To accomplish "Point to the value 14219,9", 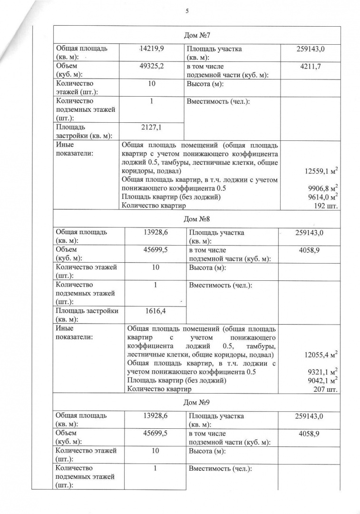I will click(x=151, y=49).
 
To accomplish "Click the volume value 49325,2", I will click(x=152, y=66).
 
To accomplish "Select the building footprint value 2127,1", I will click(x=152, y=128).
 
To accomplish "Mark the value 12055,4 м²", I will click(x=321, y=355).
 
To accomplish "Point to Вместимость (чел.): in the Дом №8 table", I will click(x=220, y=285).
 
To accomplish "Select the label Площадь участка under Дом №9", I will click(x=216, y=416).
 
